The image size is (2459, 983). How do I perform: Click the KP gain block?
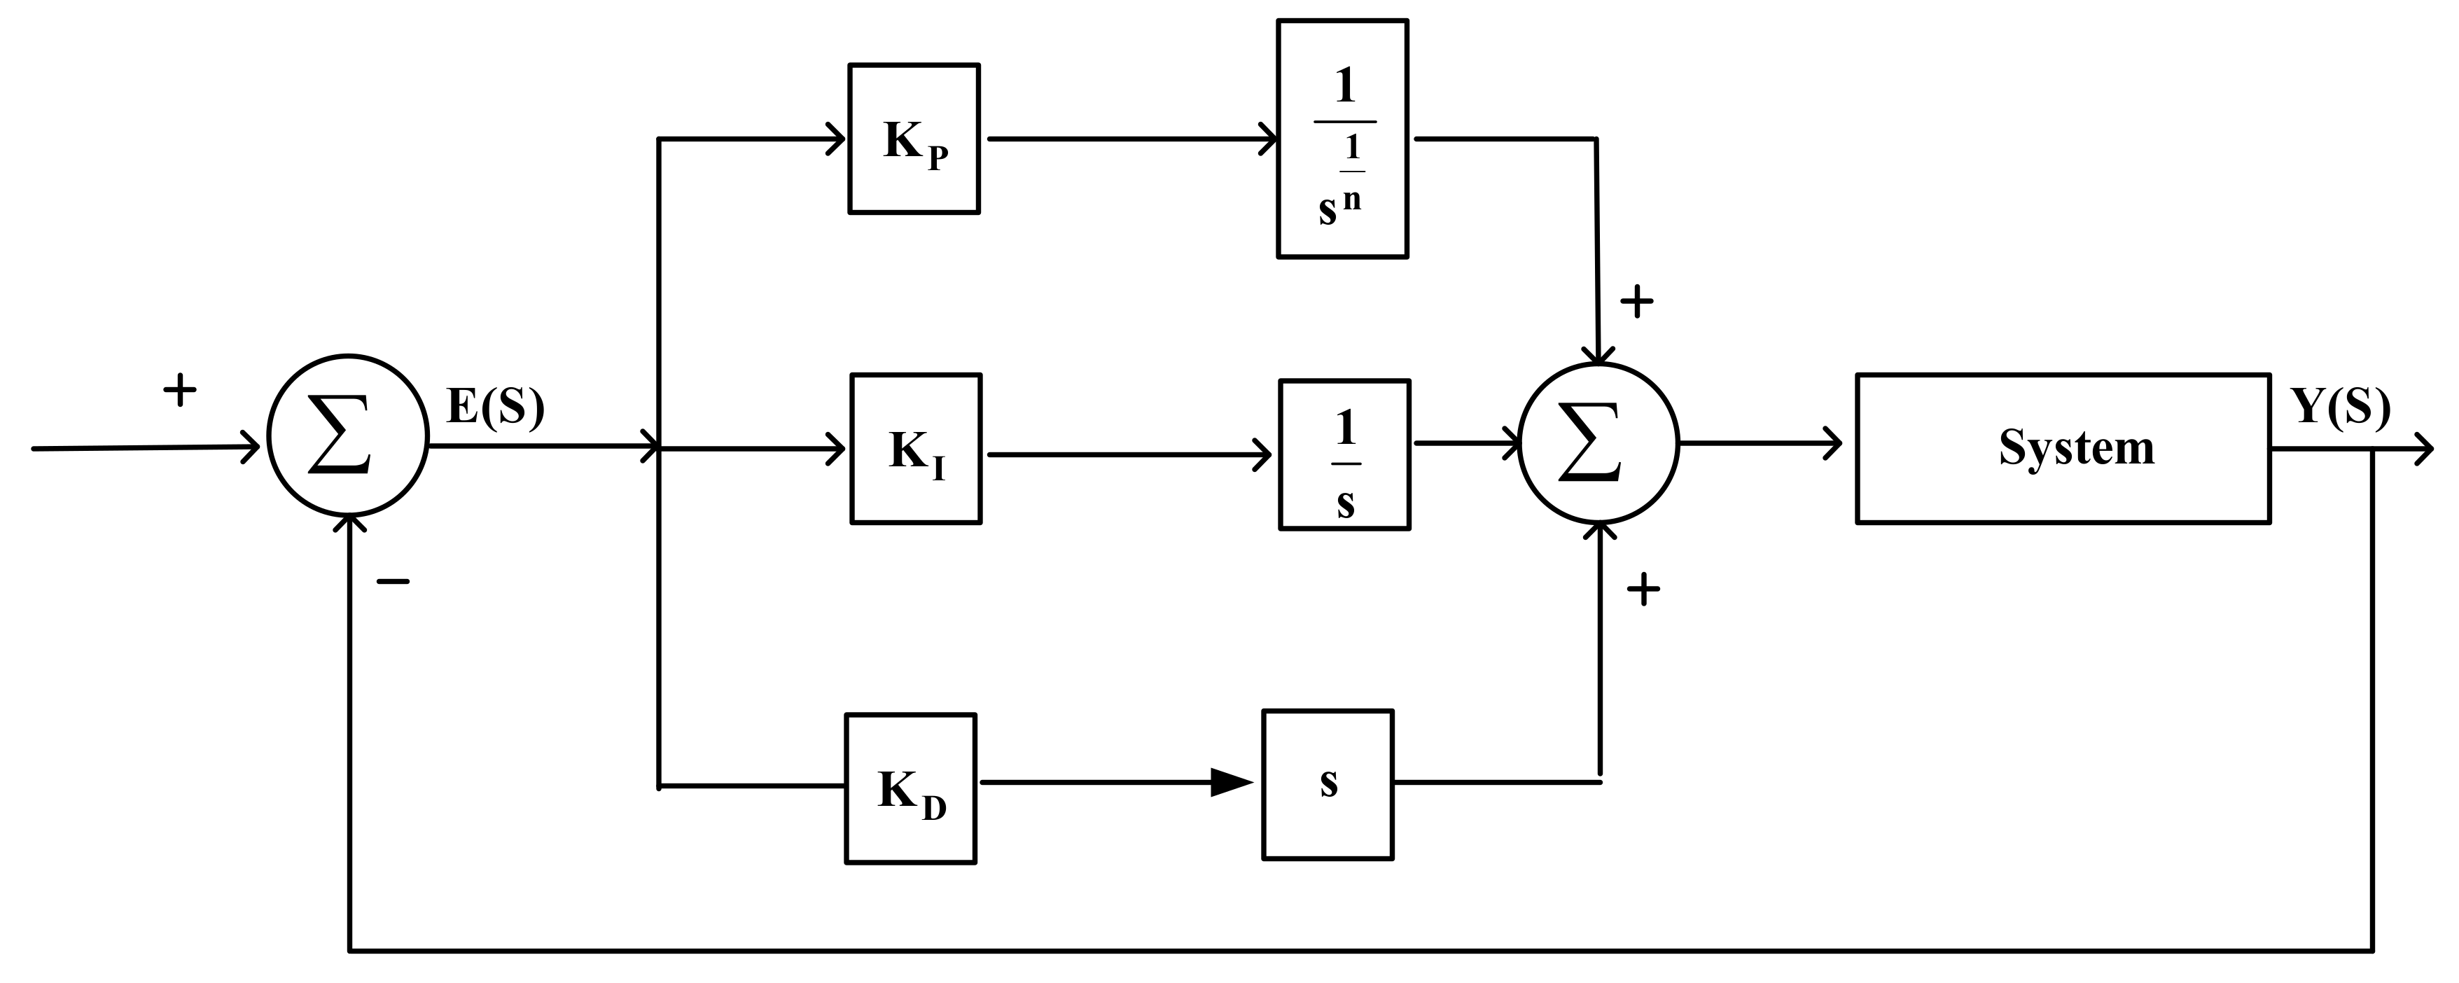[914, 139]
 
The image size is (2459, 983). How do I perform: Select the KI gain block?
[915, 449]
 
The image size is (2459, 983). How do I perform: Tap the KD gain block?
[910, 788]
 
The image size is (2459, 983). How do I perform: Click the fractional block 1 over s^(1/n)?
[1342, 139]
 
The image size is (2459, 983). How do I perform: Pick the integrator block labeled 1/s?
[1344, 454]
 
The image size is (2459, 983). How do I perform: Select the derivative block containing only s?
[1328, 784]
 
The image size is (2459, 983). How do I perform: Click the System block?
[2062, 449]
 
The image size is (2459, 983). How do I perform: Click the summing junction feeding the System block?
[1598, 442]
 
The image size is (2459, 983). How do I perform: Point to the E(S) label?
[496, 407]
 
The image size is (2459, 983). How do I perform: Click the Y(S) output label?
[2341, 407]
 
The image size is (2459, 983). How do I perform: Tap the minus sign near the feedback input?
[392, 580]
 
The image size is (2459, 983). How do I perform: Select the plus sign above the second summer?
[1636, 302]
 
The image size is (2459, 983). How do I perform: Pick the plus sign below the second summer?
[1643, 590]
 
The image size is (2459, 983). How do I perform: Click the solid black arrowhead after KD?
[1232, 783]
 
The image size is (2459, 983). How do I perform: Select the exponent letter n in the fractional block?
[1352, 200]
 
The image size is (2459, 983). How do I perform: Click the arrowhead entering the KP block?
[835, 139]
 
